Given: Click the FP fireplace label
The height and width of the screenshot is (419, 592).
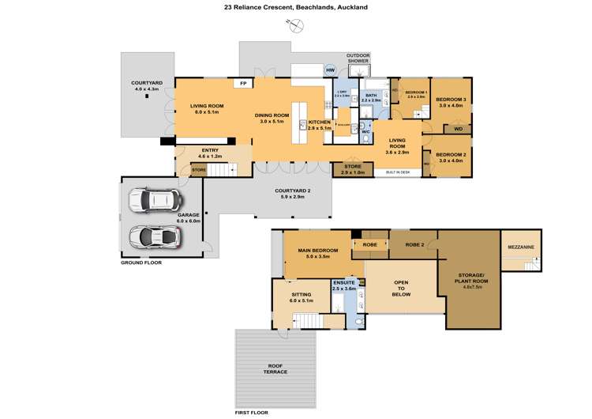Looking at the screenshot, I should (x=244, y=83).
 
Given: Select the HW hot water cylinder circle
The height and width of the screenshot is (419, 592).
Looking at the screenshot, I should (x=330, y=70).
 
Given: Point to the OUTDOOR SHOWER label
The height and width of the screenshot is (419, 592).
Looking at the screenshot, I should (x=359, y=59).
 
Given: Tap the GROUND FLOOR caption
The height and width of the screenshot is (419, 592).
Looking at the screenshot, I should (x=141, y=262).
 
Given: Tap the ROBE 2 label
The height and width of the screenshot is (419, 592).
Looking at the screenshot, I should (x=415, y=245).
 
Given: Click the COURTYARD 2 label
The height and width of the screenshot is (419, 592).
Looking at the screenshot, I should (x=294, y=193).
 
